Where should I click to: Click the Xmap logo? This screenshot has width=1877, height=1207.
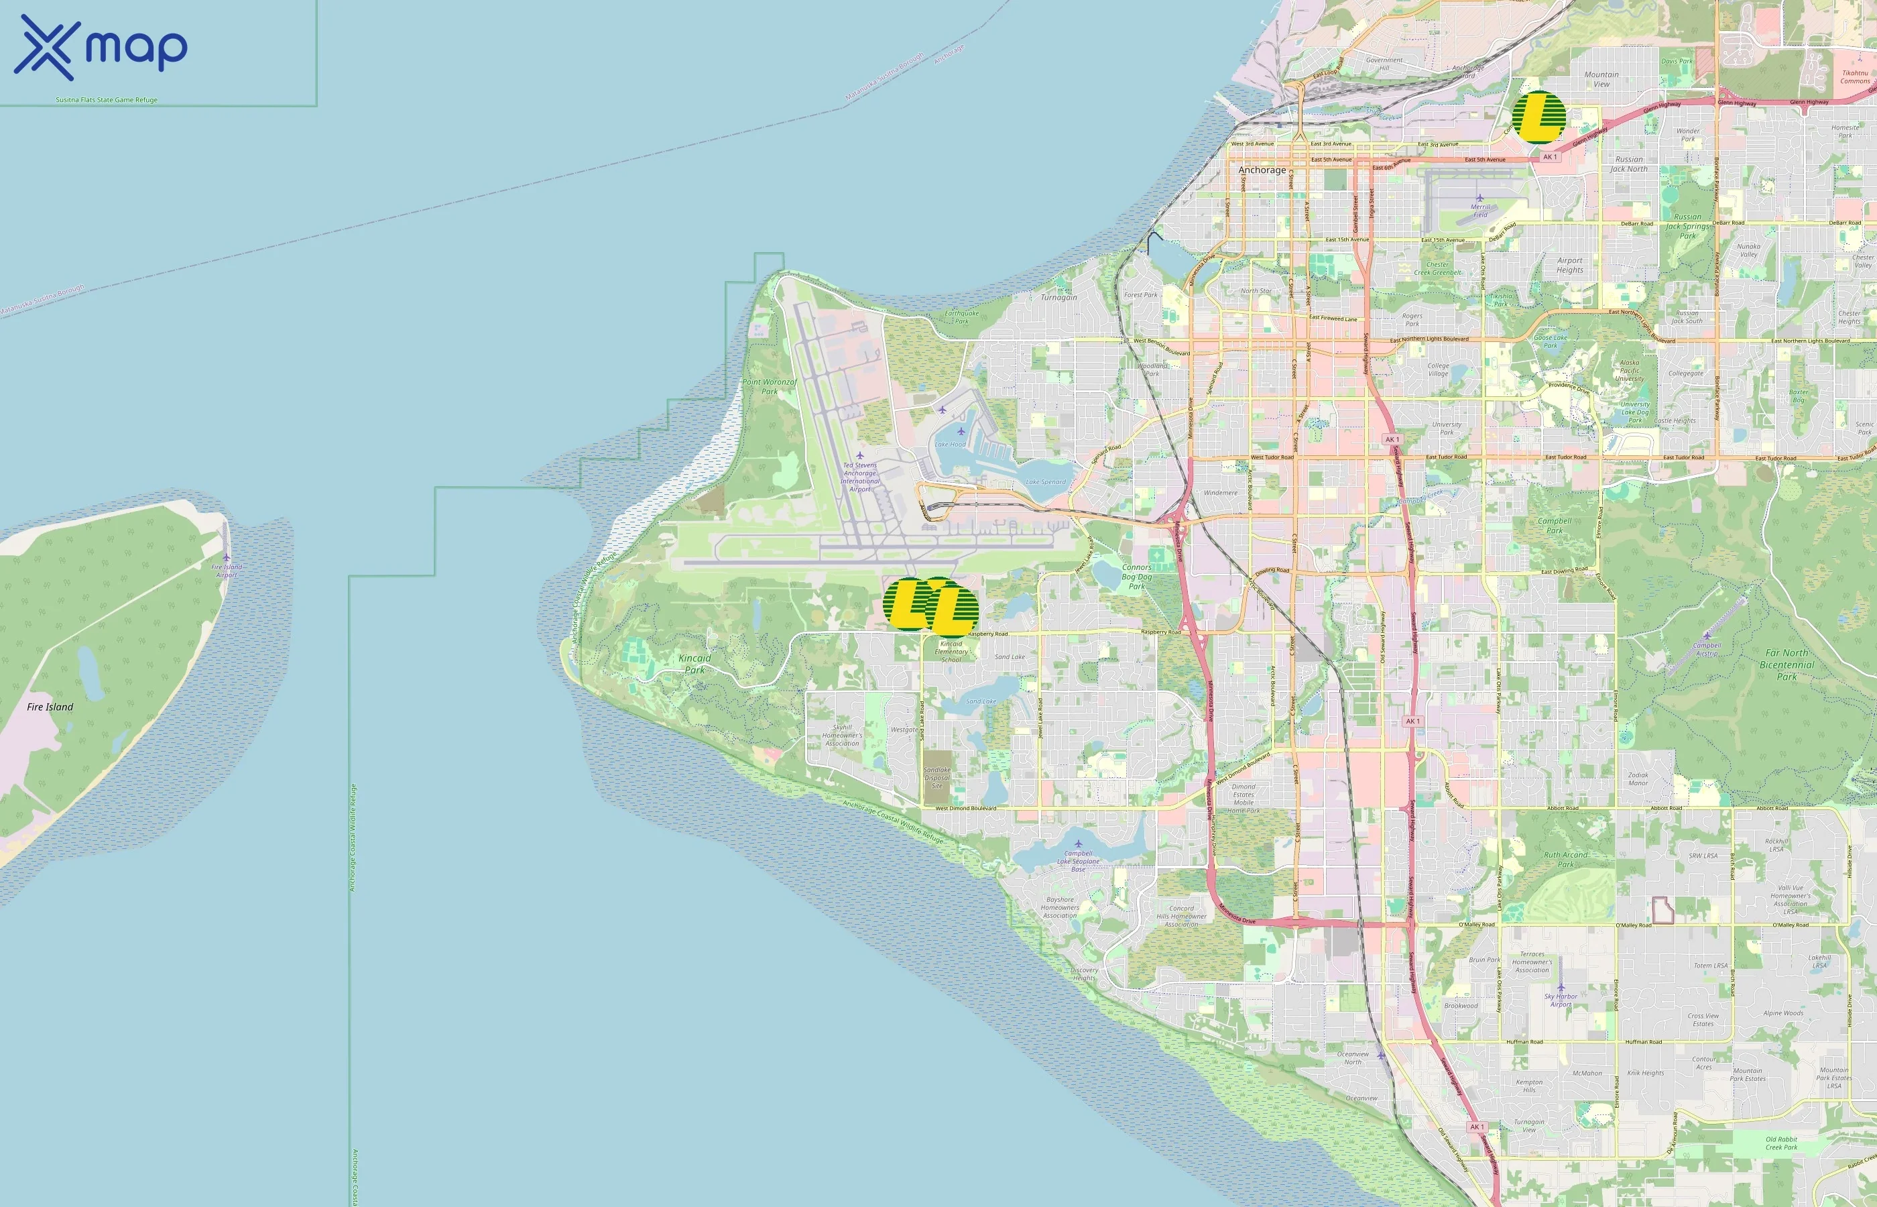coord(101,48)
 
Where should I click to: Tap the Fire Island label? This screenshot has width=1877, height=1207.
coord(50,707)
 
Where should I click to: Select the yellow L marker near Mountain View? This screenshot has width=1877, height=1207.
coord(1538,117)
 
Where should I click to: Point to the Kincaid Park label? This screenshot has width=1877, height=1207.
coord(695,664)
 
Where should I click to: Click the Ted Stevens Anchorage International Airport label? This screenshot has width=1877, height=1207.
coord(859,477)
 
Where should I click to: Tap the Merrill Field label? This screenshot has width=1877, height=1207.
coord(1480,211)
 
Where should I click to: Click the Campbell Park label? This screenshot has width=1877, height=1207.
coord(1555,525)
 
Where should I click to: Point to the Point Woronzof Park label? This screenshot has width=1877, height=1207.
coord(770,386)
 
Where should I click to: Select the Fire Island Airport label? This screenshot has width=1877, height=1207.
coord(227,571)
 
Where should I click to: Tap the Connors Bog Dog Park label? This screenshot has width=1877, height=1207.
coord(1137,576)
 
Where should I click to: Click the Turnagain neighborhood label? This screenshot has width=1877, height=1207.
coord(1058,298)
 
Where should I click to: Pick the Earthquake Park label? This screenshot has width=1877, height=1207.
coord(961,317)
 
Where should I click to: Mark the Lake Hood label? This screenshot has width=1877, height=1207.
coord(951,445)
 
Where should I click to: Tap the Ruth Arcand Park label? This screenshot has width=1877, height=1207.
coord(1565,859)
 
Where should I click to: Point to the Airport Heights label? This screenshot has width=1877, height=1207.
coord(1570,265)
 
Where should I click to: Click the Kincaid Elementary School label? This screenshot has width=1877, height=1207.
coord(951,651)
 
